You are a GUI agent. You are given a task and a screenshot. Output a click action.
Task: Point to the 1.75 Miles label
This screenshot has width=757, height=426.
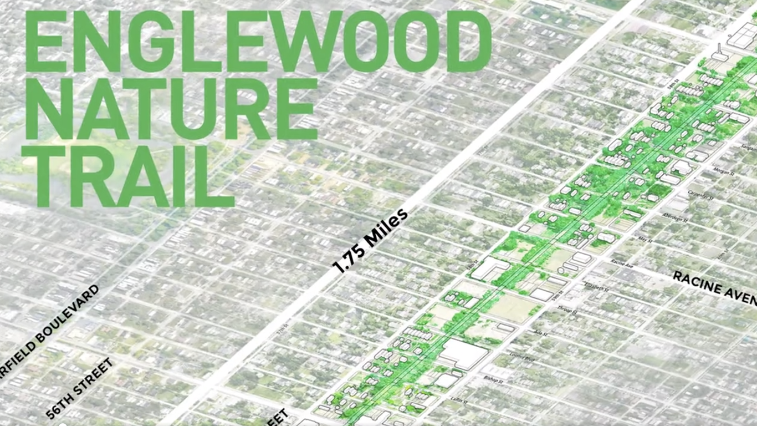370,242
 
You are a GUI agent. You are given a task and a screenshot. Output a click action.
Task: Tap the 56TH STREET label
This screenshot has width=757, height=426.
80,388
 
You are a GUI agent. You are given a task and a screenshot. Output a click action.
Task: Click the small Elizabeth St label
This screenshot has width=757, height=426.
596,287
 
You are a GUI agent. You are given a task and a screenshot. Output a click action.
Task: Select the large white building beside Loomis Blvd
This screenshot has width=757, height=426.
464,354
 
